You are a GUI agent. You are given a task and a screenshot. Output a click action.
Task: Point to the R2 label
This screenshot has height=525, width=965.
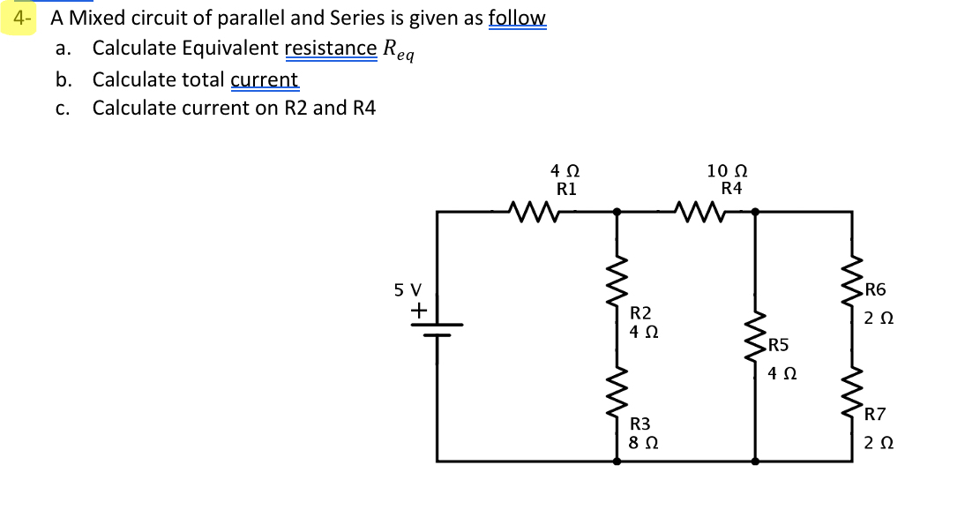(641, 313)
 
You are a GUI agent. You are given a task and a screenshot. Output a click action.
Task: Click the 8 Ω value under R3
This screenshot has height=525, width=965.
(641, 443)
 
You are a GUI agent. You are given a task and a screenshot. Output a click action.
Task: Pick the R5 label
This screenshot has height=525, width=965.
(779, 345)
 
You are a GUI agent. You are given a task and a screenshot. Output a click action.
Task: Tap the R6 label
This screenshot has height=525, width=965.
(876, 289)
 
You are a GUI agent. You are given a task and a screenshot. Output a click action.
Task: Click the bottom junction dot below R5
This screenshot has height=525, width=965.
(754, 461)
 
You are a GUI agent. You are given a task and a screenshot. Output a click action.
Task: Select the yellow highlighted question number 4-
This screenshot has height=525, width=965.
(19, 17)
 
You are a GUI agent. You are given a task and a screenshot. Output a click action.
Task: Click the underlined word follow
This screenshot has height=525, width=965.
(517, 18)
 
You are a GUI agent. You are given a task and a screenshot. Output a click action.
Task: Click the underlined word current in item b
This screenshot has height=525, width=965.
(265, 80)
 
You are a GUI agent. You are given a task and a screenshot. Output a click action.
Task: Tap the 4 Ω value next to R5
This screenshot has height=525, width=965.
(779, 373)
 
